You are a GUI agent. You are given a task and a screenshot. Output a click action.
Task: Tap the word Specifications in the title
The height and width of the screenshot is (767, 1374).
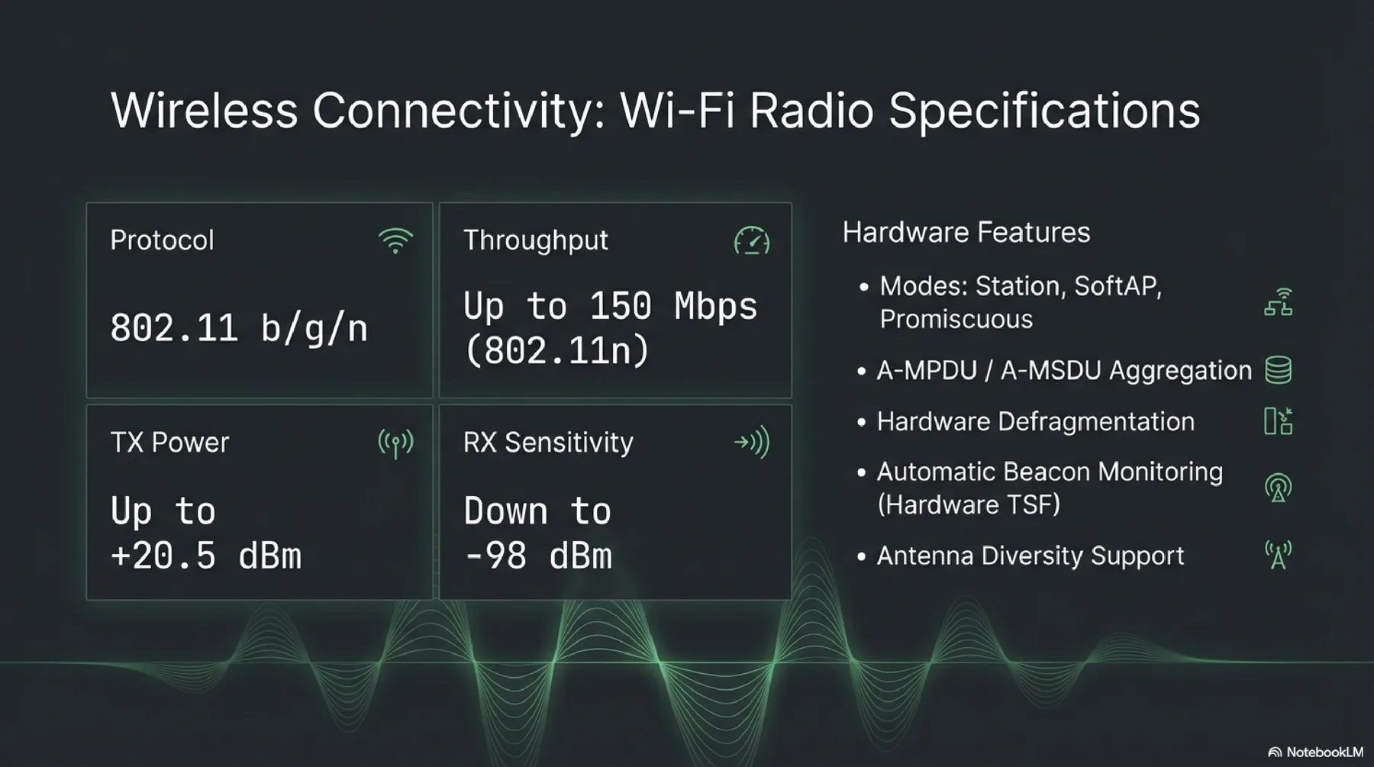(1044, 112)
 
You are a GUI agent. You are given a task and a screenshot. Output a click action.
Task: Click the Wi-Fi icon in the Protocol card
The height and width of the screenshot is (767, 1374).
(395, 241)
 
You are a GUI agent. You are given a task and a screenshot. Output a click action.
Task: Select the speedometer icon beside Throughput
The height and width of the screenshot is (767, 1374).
(751, 241)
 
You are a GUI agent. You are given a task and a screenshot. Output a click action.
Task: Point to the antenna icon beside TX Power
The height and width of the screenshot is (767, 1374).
(395, 443)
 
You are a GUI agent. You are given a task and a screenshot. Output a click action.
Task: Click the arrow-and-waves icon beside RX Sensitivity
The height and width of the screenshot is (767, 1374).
(751, 443)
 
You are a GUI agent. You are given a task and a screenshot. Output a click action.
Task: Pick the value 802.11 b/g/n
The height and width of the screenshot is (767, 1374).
(239, 328)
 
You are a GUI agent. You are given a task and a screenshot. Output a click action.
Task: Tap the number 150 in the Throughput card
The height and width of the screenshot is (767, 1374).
(620, 307)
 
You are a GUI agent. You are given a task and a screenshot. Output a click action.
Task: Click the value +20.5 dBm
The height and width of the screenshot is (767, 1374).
(206, 556)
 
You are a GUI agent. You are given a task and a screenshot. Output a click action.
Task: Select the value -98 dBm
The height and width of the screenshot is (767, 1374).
(538, 556)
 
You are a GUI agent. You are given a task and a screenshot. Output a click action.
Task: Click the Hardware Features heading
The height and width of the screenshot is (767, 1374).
(966, 232)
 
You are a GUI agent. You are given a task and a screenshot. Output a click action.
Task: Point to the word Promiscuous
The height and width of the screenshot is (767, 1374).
(956, 319)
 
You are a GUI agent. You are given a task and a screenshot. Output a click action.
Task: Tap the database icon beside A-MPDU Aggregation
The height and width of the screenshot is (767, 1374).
(1278, 370)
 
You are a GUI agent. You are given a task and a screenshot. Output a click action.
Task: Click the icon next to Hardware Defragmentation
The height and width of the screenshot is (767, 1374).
(1278, 421)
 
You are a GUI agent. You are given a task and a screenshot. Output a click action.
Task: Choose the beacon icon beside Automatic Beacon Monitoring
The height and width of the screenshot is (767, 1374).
(1278, 488)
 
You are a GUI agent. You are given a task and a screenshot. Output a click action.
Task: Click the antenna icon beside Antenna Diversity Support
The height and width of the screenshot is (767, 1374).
(1278, 555)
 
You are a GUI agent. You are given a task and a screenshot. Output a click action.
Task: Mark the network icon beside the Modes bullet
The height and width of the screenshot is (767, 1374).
(1278, 302)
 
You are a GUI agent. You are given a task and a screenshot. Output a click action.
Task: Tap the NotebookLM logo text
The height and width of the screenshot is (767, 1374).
(1324, 752)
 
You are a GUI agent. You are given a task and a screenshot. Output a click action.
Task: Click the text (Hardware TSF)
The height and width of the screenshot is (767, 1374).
(969, 504)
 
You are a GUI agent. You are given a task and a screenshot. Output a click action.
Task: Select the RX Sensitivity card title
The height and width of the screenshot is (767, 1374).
(548, 443)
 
